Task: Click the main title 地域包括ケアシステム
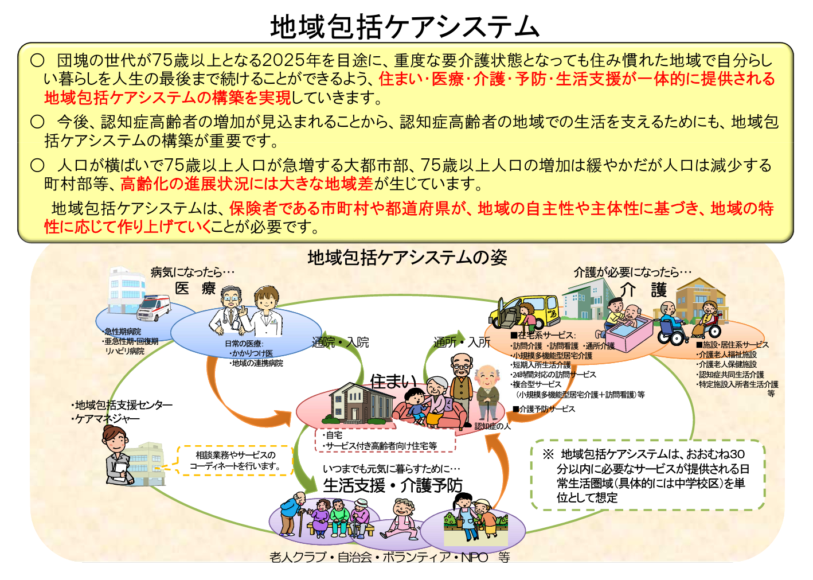(405, 26)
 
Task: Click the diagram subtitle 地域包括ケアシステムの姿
(407, 258)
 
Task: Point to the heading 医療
(195, 288)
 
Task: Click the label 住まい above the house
(393, 380)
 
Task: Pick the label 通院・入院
(340, 342)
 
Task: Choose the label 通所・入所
(462, 342)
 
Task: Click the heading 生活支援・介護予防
(393, 485)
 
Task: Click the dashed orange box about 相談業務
(235, 461)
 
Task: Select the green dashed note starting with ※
(648, 475)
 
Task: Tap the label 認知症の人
(492, 426)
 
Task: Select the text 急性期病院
(122, 332)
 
